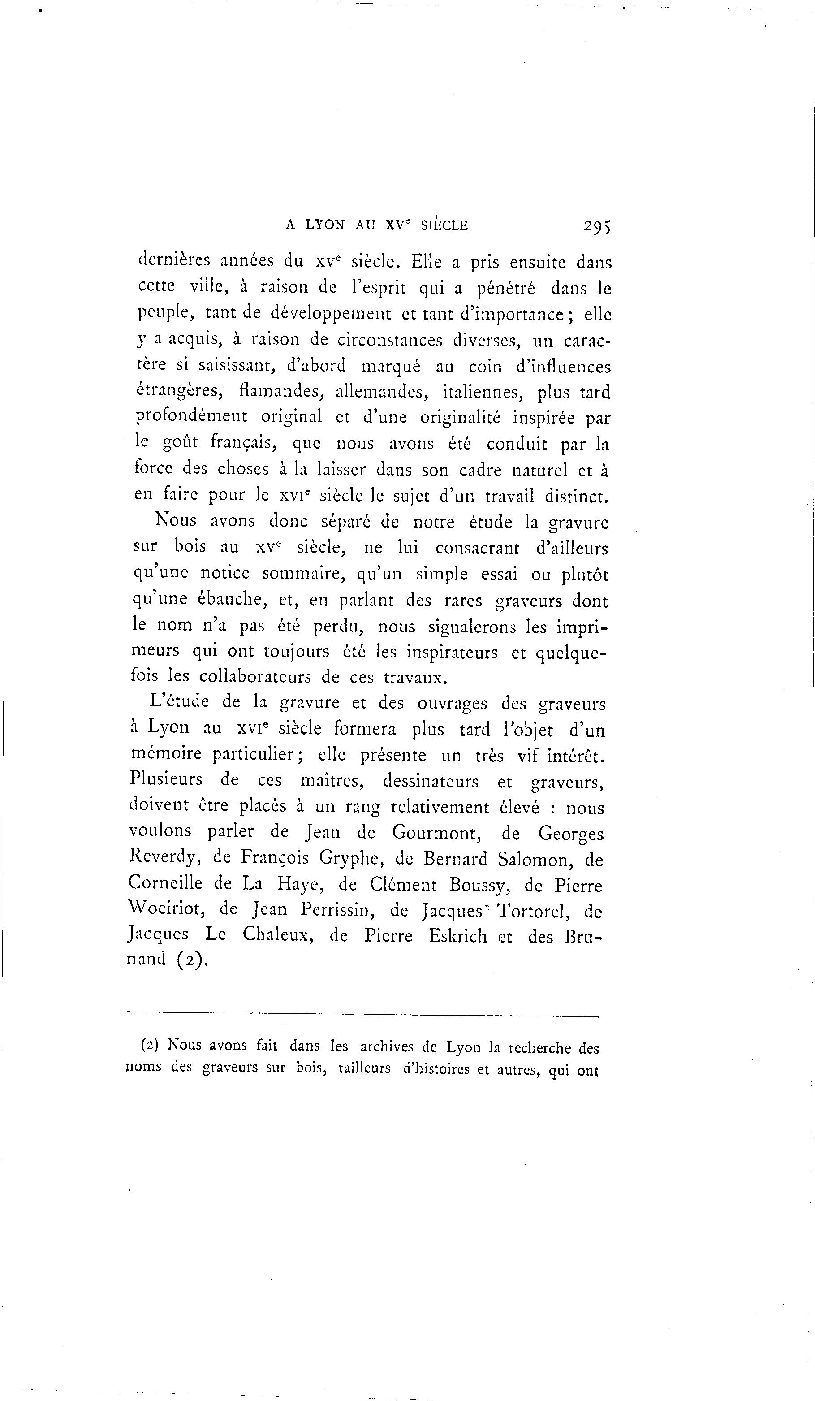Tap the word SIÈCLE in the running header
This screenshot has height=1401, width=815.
pos(444,225)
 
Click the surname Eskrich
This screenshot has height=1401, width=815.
pos(457,936)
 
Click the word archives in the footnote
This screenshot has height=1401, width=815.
pos(385,1047)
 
